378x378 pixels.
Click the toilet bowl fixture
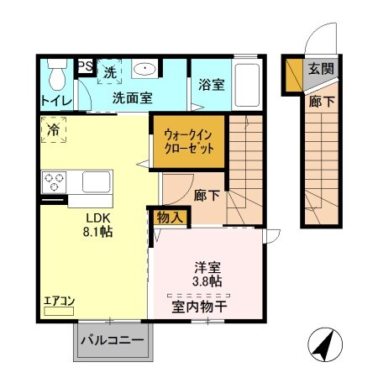tap(56, 76)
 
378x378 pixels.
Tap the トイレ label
tap(55, 100)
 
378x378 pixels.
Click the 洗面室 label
tap(132, 97)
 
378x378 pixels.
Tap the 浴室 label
tap(211, 85)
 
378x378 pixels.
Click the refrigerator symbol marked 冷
tap(53, 130)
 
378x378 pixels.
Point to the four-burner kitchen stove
tap(55, 181)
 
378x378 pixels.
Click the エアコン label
tap(60, 300)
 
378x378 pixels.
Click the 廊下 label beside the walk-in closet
tap(207, 195)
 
